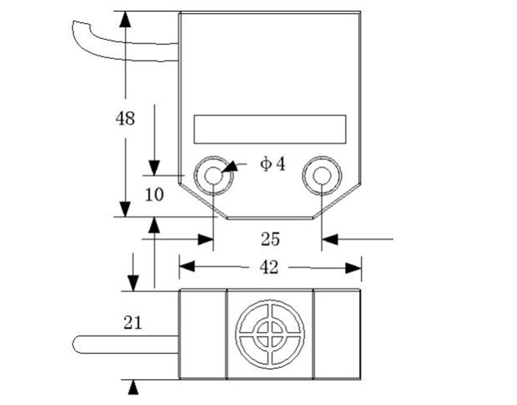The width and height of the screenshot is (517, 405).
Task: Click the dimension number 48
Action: tap(126, 117)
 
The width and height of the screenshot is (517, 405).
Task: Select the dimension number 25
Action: tap(270, 238)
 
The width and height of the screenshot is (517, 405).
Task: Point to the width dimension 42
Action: tap(270, 267)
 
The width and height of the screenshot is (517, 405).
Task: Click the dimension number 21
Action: tap(133, 322)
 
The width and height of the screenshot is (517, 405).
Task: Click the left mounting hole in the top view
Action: tap(213, 176)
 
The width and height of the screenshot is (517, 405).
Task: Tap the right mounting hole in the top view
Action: tap(322, 176)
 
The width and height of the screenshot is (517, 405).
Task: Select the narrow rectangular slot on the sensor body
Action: tap(270, 129)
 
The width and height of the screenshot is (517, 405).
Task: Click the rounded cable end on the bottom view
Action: tap(80, 345)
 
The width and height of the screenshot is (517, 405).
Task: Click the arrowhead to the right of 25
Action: tap(329, 238)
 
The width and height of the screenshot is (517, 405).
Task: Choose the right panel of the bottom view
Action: tap(337, 335)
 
